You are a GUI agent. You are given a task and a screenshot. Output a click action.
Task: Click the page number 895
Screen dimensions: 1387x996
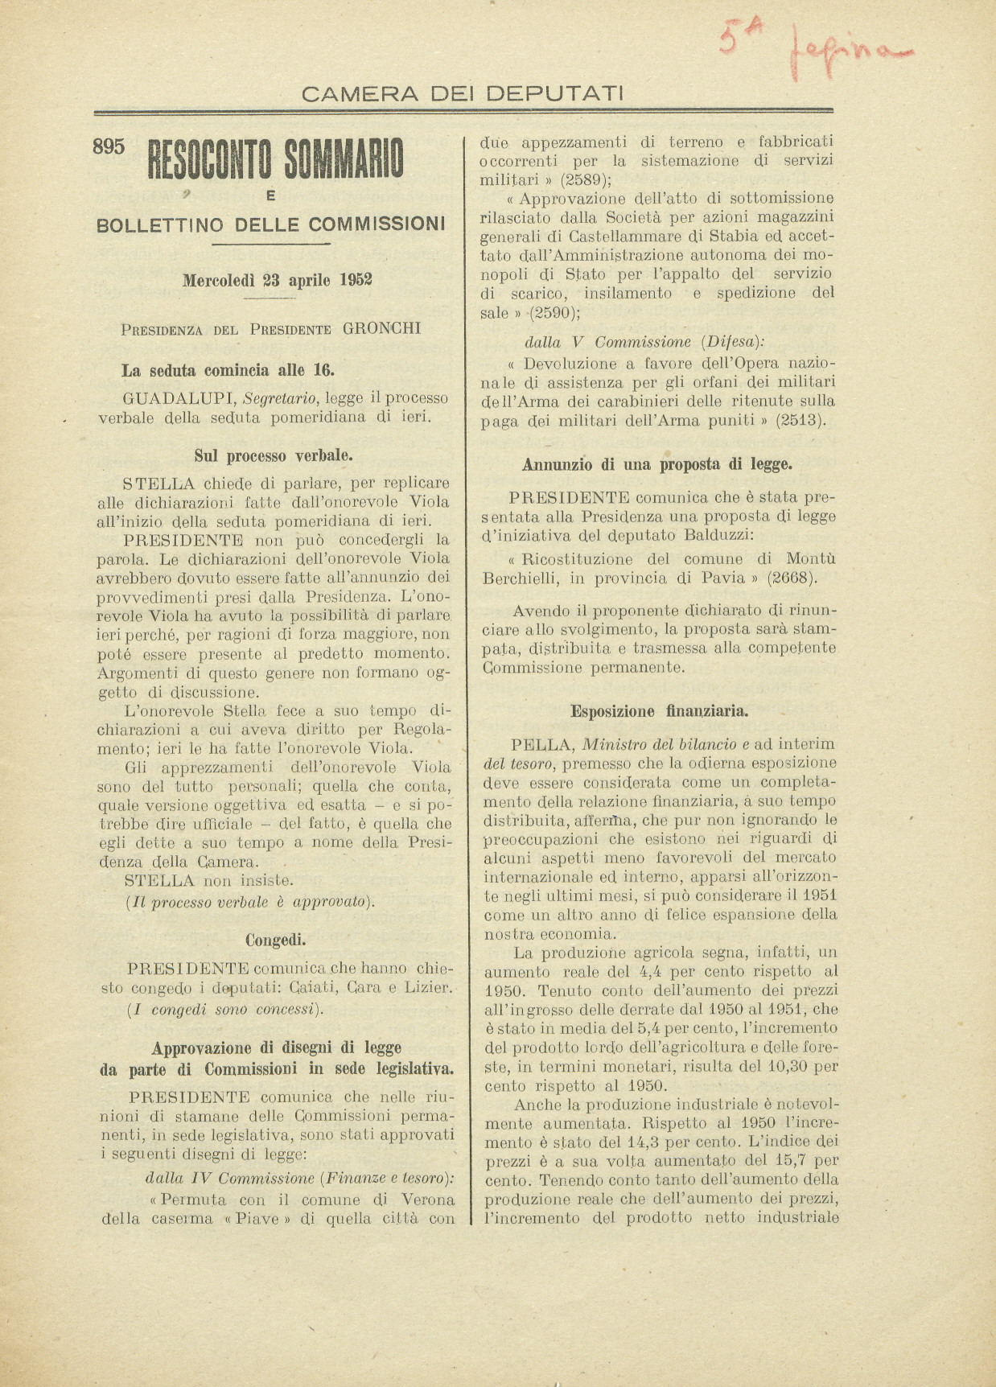pos(109,146)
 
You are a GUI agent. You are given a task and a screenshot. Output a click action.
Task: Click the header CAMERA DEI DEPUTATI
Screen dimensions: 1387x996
pos(462,94)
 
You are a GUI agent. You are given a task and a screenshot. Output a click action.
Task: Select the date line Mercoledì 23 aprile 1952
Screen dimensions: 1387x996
pos(277,281)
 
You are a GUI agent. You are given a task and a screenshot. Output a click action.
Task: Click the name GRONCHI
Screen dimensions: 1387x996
pos(381,328)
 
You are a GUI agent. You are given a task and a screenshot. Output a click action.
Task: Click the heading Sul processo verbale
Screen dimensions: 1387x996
pos(273,455)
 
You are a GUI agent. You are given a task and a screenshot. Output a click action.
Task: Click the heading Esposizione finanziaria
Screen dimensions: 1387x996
pos(660,711)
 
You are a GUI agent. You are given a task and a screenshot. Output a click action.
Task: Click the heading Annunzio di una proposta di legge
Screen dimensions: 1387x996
pos(657,464)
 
